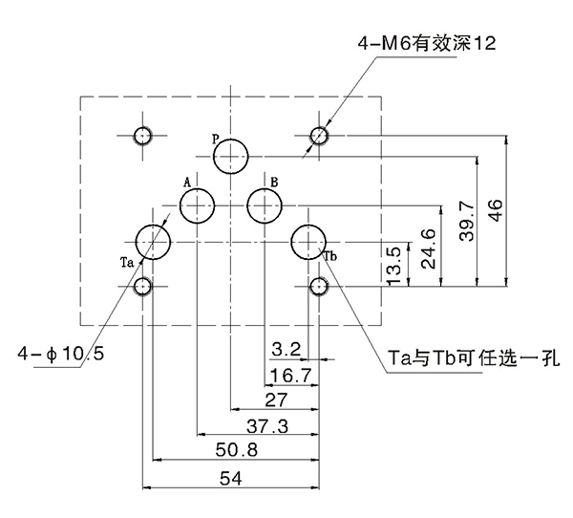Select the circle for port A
[197, 205]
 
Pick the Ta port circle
[153, 241]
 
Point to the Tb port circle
[308, 241]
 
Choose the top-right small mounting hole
[320, 136]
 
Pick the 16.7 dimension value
[291, 374]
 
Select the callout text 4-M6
[387, 42]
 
